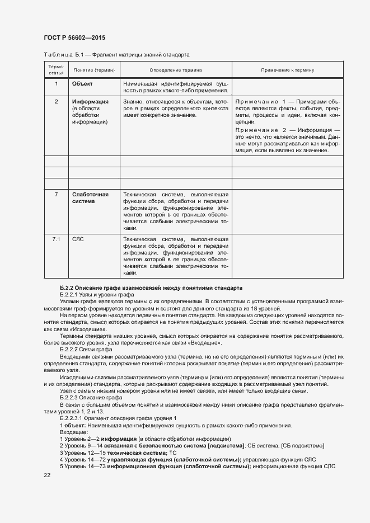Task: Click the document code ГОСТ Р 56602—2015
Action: pyautogui.click(x=74, y=37)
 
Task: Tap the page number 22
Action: pyautogui.click(x=46, y=475)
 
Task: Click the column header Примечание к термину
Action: pyautogui.click(x=288, y=70)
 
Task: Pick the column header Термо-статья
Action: pyautogui.click(x=56, y=70)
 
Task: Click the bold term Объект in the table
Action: pyautogui.click(x=82, y=84)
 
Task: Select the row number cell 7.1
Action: pyautogui.click(x=56, y=239)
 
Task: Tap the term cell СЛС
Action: pyautogui.click(x=78, y=239)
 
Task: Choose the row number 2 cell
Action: pyautogui.click(x=56, y=102)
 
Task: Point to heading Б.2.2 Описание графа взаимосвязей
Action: pyautogui.click(x=151, y=288)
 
